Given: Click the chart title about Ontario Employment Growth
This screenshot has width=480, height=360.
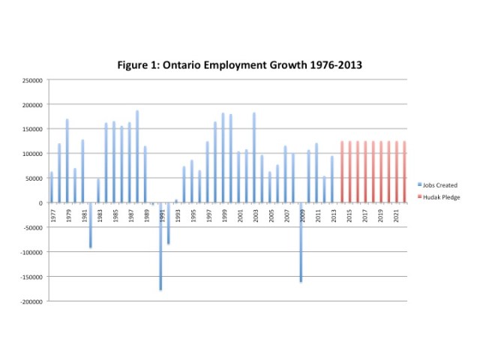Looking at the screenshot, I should click(x=240, y=64).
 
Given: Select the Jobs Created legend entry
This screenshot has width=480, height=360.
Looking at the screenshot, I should click(x=439, y=184).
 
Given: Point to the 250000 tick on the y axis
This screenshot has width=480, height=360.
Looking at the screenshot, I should click(x=33, y=79).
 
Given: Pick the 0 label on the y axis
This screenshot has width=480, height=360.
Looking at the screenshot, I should click(x=42, y=202).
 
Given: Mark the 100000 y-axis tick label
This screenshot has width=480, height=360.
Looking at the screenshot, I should click(x=33, y=154).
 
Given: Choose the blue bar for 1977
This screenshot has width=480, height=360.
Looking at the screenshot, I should click(x=52, y=187).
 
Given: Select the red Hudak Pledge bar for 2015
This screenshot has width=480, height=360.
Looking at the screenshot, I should click(x=349, y=172).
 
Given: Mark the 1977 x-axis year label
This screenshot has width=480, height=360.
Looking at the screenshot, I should click(x=52, y=213).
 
